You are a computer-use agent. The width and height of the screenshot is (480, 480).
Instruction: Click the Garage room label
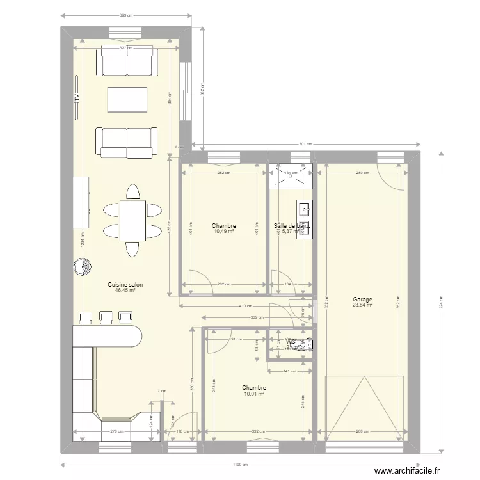(362, 299)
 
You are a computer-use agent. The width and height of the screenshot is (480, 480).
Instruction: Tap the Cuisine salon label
(125, 284)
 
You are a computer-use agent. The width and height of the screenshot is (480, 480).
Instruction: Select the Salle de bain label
(291, 225)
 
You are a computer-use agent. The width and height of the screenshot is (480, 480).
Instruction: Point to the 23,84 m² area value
(362, 305)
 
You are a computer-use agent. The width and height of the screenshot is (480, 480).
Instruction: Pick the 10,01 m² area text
(254, 394)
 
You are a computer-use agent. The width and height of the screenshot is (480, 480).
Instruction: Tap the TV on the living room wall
(76, 97)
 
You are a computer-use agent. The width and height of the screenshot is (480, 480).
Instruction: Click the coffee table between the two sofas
(127, 100)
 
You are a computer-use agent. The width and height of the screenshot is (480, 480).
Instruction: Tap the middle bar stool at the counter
(106, 317)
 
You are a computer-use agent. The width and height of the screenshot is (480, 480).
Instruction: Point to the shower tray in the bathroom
(291, 177)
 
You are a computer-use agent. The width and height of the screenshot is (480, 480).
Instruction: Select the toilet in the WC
(306, 344)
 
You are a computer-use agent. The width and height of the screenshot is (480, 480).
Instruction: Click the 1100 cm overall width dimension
(239, 465)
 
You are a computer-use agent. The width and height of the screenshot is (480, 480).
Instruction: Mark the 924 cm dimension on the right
(441, 303)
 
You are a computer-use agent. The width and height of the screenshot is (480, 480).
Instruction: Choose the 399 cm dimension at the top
(126, 15)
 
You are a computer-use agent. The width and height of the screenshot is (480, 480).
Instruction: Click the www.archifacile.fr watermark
(407, 470)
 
